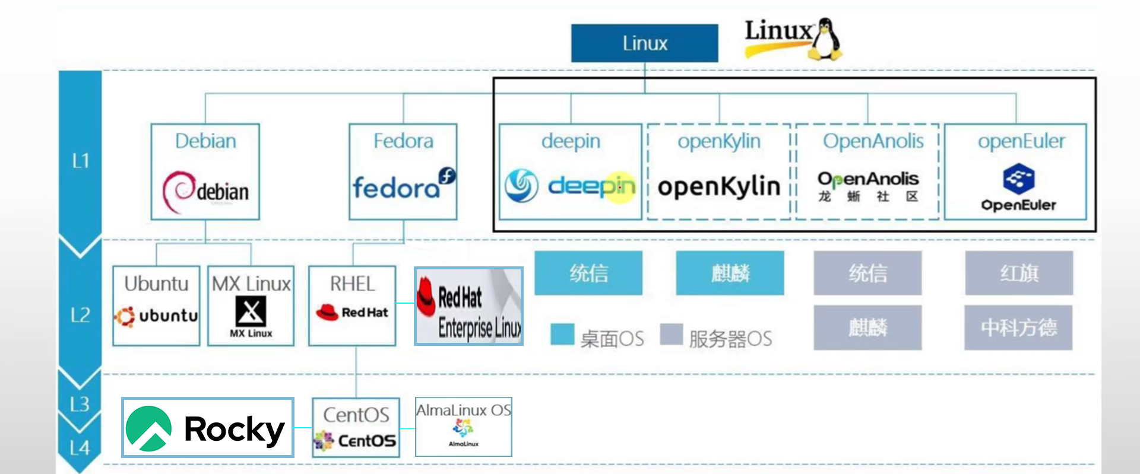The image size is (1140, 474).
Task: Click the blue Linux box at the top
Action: click(x=644, y=43)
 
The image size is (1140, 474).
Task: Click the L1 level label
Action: click(x=80, y=160)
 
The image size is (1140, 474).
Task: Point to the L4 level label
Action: click(x=80, y=448)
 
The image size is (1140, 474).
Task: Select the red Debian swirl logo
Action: click(x=178, y=191)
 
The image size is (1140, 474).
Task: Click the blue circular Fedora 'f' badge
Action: click(x=446, y=176)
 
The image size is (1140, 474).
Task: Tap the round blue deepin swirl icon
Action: click(x=521, y=186)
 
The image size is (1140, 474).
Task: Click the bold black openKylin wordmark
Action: click(x=718, y=186)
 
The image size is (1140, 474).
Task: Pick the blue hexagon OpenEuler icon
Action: click(x=1018, y=179)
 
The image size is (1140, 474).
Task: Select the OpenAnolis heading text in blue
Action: click(x=873, y=141)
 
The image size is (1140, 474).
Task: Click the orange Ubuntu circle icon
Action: click(x=125, y=316)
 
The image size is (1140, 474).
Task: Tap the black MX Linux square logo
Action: click(x=251, y=311)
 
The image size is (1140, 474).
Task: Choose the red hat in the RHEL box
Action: click(x=327, y=312)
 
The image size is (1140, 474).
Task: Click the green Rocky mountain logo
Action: click(x=148, y=428)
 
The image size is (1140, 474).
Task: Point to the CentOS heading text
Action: click(x=356, y=415)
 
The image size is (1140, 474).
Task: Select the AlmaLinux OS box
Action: click(x=463, y=427)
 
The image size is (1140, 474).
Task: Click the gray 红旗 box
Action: click(x=1019, y=273)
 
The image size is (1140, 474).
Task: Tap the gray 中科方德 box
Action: click(x=1018, y=327)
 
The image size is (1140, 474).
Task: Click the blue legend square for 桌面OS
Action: click(x=562, y=334)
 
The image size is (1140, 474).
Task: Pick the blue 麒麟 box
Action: click(x=730, y=273)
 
